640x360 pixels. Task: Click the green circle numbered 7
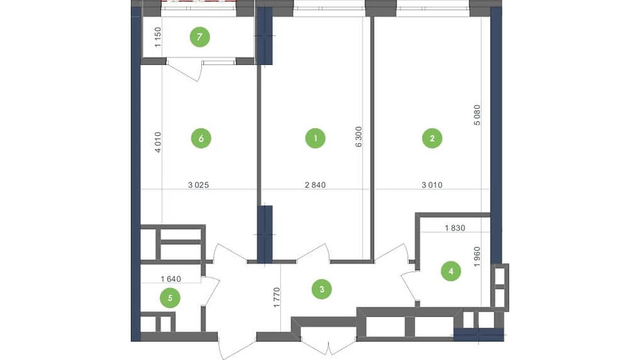click(199, 37)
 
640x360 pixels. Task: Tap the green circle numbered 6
click(201, 138)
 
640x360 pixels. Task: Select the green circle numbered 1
click(315, 138)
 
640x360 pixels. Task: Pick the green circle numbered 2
click(432, 138)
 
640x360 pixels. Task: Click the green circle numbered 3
click(322, 289)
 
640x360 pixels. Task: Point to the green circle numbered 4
click(450, 271)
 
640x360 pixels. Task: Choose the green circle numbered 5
click(170, 298)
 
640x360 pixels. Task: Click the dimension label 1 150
click(158, 37)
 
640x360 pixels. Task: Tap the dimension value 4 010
click(158, 142)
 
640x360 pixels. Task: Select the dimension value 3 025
click(199, 185)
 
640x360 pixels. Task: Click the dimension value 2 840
click(315, 185)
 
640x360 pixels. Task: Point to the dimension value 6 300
click(358, 137)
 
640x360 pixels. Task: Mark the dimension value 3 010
click(432, 185)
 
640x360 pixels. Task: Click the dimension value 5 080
click(477, 115)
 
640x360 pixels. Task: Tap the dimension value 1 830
click(455, 228)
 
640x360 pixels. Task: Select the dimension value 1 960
click(477, 257)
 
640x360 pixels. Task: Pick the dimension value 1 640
click(171, 279)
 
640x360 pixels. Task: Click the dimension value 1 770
click(277, 298)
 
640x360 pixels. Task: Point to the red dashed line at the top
click(199, 1)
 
